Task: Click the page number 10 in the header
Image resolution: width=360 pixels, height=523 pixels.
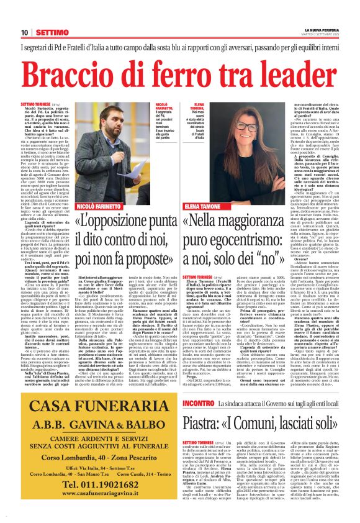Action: coord(24,32)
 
